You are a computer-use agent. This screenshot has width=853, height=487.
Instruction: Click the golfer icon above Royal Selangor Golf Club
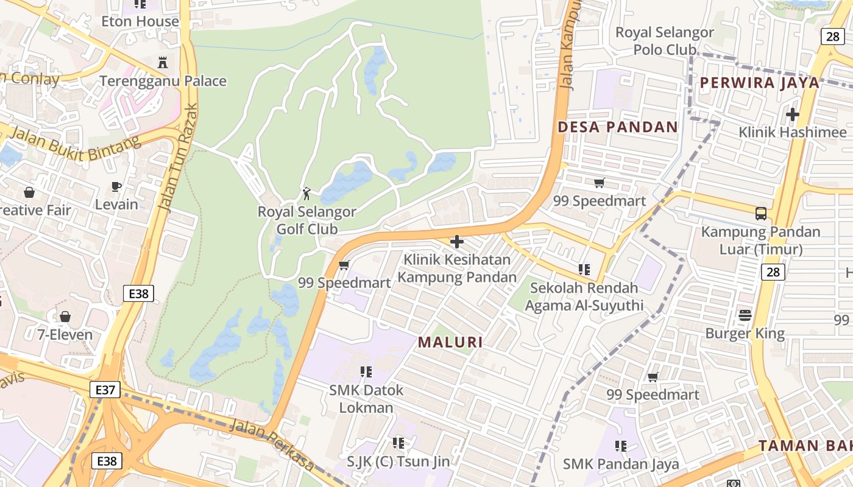pos(306,194)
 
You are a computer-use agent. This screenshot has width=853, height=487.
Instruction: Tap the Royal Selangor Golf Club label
pos(307,220)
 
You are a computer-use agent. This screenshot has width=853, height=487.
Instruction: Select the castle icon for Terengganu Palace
pos(163,62)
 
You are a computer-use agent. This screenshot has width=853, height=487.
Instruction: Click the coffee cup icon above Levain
pos(116,186)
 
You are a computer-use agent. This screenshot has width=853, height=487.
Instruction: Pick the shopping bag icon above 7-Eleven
pos(65,317)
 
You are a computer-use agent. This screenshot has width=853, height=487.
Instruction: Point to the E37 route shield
pos(105,390)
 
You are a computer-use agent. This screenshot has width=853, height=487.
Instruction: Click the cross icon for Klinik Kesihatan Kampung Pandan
pos(456,242)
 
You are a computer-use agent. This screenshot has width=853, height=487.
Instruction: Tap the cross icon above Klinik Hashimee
pos(792,114)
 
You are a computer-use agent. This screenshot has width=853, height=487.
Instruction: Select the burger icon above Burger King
pos(745,315)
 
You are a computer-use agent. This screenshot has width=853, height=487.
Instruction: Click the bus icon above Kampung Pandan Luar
pos(760,213)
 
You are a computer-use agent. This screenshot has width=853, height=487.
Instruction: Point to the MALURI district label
pos(450,342)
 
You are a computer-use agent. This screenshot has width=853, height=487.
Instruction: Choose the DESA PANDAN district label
pos(618,127)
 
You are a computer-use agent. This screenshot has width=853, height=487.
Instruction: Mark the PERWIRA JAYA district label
pos(759,83)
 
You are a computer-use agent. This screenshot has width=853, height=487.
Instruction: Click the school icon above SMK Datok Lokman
pos(366,371)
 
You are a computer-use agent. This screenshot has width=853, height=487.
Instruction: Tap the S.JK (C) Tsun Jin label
pos(398,461)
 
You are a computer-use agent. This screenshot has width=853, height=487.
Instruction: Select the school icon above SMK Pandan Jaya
pos(620,446)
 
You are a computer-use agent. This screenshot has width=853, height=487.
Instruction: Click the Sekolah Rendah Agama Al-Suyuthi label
pos(584,296)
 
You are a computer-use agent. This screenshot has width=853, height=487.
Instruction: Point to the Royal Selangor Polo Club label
pos(664,41)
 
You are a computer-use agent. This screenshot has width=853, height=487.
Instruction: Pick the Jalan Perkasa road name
pos(272,445)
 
